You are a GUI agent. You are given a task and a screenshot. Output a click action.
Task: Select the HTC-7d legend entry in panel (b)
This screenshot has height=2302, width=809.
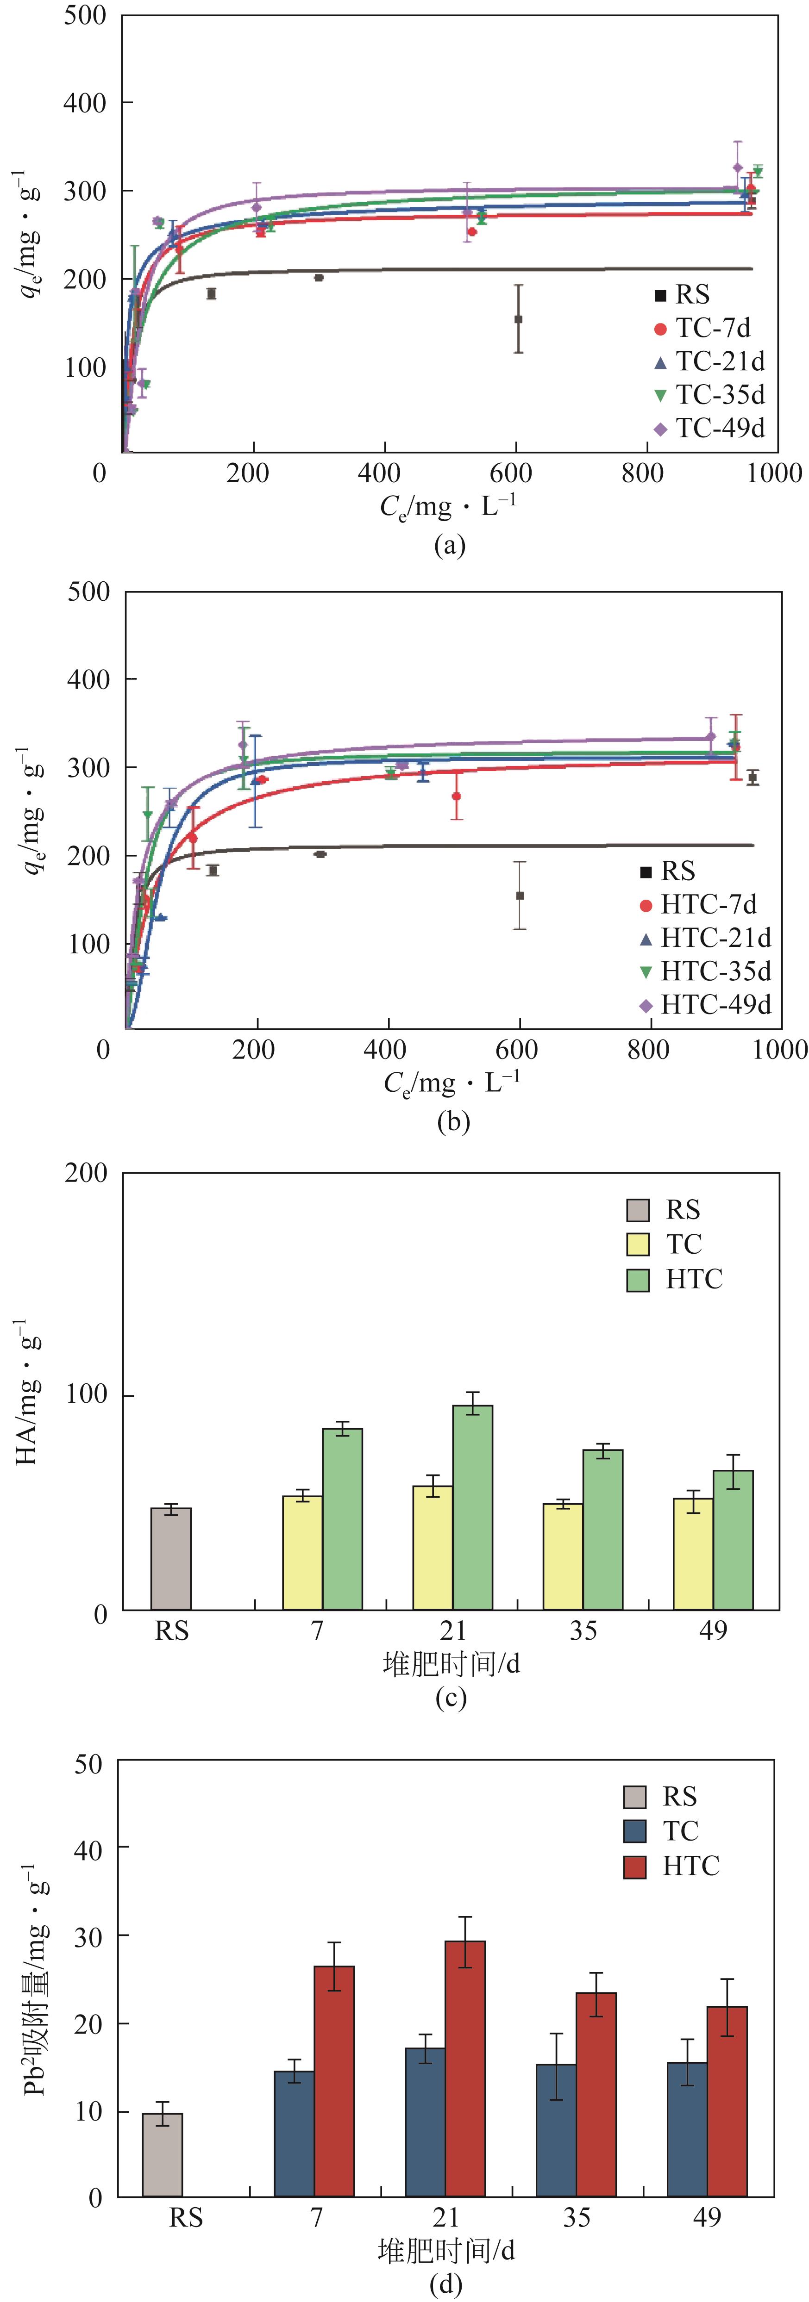point(697,905)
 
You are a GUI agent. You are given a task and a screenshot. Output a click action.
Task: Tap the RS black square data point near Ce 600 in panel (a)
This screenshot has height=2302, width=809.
point(518,319)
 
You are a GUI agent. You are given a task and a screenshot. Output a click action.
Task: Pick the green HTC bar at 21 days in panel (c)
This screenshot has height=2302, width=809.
point(472,1507)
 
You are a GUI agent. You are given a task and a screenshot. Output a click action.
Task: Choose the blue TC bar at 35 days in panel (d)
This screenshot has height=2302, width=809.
point(556,2129)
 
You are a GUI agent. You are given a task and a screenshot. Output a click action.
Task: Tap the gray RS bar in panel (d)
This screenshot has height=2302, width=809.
point(163,2154)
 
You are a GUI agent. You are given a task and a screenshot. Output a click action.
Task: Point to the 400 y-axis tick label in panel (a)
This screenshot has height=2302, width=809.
point(85,103)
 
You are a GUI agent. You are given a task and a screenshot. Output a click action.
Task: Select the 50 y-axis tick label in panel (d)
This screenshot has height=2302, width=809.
point(89,1764)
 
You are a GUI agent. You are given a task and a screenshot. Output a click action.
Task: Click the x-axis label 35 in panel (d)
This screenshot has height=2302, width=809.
point(577,2217)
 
